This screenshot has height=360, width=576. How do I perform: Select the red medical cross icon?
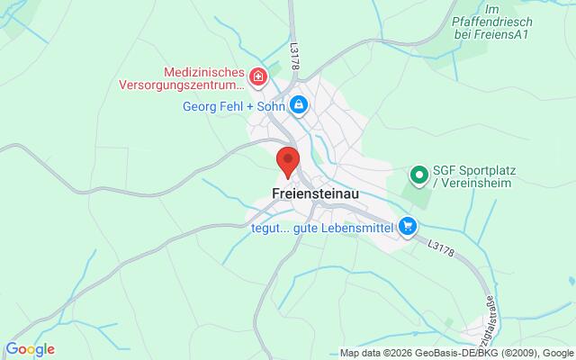click(257, 77)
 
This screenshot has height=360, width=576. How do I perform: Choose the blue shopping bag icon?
click(300, 106)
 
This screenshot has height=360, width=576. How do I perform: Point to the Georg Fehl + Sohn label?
click(231, 106)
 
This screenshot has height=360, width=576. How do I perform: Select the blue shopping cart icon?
click(409, 226)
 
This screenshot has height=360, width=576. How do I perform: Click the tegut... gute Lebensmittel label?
click(322, 226)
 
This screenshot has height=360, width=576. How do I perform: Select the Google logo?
click(31, 349)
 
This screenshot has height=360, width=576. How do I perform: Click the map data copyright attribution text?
click(456, 352)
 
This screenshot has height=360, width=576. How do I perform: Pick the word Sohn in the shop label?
click(266, 106)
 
